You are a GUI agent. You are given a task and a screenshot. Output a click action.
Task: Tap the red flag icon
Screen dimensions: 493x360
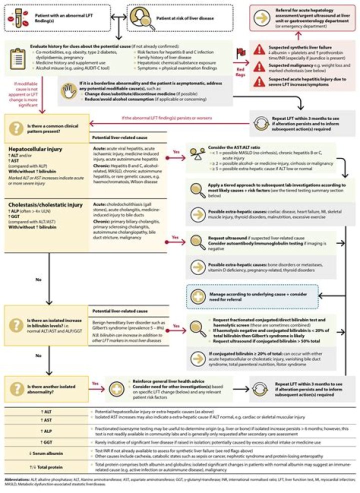pyautogui.click(x=241, y=51)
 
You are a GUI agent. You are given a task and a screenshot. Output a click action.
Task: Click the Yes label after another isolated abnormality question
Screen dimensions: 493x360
pyautogui.click(x=95, y=384)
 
